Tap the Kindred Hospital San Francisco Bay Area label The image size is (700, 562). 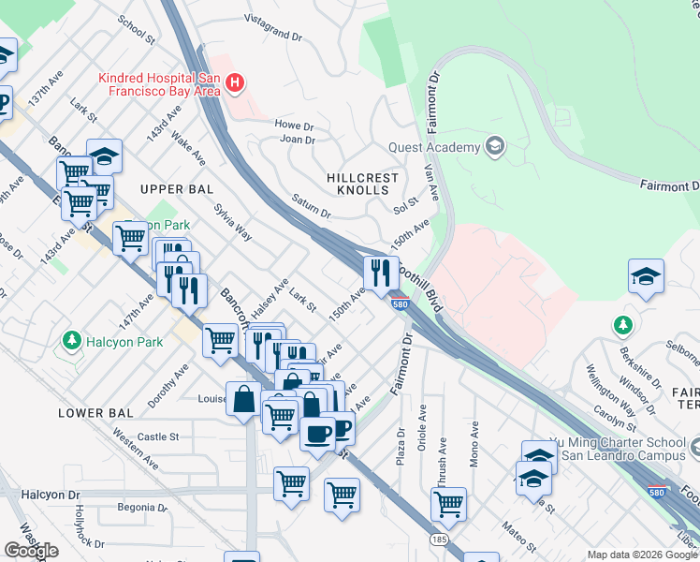(x=159, y=84)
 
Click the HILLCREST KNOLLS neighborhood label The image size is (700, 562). (x=363, y=184)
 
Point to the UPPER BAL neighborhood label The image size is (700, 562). (x=171, y=189)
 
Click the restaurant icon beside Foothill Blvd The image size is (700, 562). (x=379, y=273)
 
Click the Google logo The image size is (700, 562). (x=31, y=550)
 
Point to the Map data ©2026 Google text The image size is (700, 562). (x=642, y=555)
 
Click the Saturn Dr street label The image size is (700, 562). (x=312, y=207)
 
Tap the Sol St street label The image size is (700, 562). (x=405, y=201)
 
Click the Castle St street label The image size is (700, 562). (x=158, y=436)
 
